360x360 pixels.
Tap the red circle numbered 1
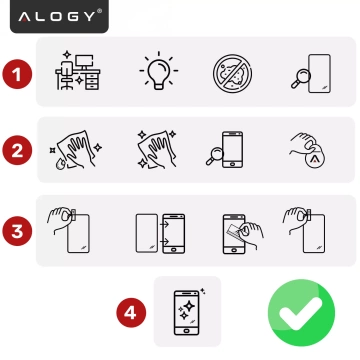16,72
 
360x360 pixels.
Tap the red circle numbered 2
16,151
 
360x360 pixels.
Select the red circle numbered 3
16,229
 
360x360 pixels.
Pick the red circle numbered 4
128,312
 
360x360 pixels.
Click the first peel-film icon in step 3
72,228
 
